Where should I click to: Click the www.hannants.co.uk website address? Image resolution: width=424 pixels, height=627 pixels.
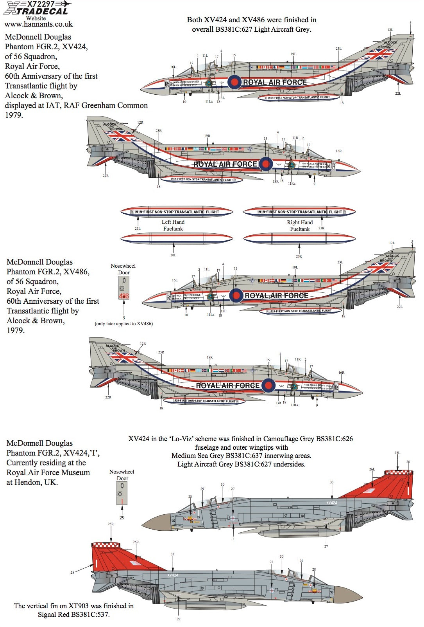point(38,24)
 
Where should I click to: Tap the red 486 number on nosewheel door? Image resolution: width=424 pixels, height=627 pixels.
point(124,296)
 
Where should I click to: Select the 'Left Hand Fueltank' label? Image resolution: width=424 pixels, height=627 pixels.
point(173,225)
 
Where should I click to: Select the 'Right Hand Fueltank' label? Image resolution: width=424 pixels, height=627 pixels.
point(300,225)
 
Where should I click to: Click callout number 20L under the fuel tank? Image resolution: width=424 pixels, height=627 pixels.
point(173,255)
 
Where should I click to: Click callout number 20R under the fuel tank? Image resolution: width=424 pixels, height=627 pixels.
point(299,256)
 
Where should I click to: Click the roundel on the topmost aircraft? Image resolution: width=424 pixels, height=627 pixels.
point(234,82)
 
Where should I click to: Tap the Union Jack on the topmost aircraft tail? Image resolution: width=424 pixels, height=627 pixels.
point(377,54)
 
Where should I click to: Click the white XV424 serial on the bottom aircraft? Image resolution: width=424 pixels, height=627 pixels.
point(173,575)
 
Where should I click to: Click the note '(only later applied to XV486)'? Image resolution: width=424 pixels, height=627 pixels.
point(123,324)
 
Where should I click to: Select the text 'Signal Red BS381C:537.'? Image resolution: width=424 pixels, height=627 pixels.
point(73,614)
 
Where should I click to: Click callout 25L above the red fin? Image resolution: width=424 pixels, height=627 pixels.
point(397,453)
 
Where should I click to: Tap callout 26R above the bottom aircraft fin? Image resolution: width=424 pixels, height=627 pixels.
point(136,542)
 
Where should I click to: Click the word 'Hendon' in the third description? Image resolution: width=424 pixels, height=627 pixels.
point(28,482)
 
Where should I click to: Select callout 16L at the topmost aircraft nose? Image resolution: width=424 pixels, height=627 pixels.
point(173,67)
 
